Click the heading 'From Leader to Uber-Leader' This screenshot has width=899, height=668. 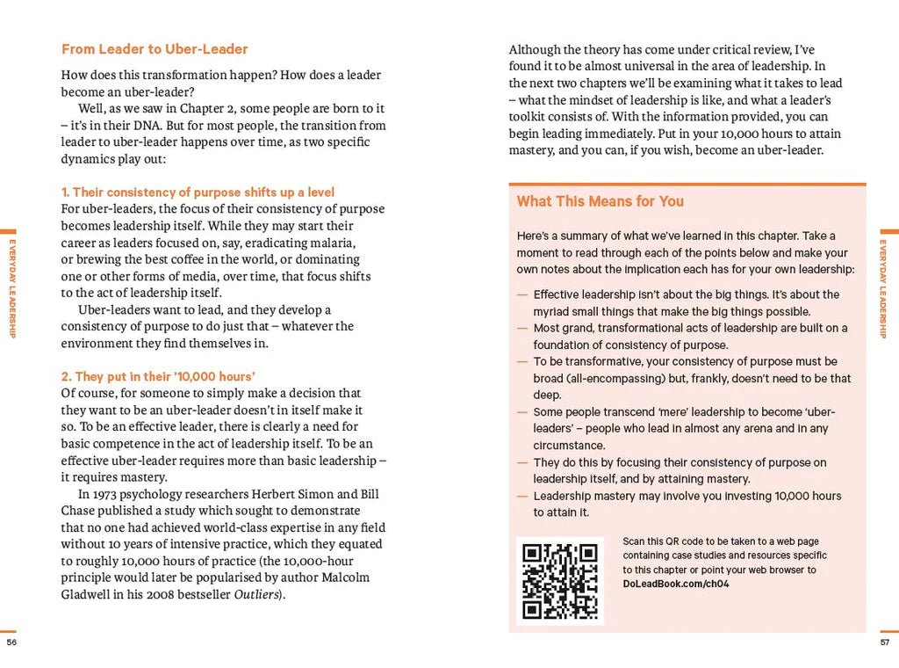point(155,49)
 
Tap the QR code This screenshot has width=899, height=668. point(559,580)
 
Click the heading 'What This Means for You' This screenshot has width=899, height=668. point(600,201)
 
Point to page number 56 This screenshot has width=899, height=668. point(11,643)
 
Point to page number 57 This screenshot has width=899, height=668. point(885,643)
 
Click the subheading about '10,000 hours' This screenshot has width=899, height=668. point(153,376)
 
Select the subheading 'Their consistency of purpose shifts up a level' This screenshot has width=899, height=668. point(198,192)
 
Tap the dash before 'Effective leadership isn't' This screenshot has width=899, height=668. point(522,294)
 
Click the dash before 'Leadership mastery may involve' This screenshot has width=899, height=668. point(522,496)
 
